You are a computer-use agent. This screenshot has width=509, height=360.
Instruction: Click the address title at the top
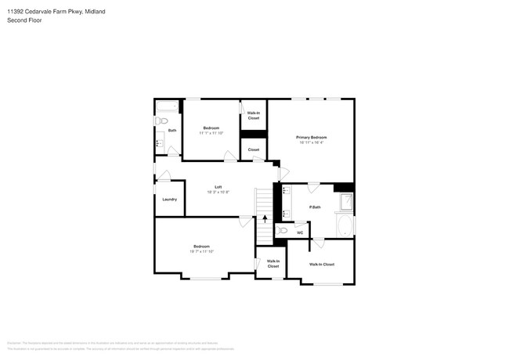[x=56, y=13]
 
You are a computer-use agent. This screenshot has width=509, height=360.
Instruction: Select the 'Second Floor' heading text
[x=25, y=20]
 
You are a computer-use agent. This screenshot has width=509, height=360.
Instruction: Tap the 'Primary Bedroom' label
[x=311, y=137]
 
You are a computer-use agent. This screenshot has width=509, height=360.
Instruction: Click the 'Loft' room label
[x=218, y=186]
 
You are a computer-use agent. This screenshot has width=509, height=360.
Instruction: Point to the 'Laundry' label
[x=169, y=200]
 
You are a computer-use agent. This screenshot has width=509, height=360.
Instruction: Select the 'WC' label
[x=300, y=232]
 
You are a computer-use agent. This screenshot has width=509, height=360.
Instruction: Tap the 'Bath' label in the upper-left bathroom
[x=171, y=130]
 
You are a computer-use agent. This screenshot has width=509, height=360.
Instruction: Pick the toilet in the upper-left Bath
[x=161, y=121]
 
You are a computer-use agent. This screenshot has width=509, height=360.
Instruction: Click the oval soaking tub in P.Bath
[x=345, y=226]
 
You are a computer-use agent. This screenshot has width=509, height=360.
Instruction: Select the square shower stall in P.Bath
[x=345, y=203]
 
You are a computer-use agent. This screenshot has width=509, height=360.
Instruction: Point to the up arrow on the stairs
[x=265, y=219]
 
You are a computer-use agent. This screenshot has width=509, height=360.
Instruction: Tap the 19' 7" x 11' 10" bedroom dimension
[x=201, y=252]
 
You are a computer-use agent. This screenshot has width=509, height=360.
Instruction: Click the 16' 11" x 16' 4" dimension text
[x=311, y=142]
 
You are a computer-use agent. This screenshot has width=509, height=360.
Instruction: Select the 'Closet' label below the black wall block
[x=254, y=149]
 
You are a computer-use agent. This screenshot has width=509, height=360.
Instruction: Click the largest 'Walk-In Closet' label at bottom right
[x=321, y=265]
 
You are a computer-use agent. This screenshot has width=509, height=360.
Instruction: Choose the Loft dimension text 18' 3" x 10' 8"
[x=218, y=192]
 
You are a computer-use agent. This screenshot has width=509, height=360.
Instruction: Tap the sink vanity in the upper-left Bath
[x=159, y=142]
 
